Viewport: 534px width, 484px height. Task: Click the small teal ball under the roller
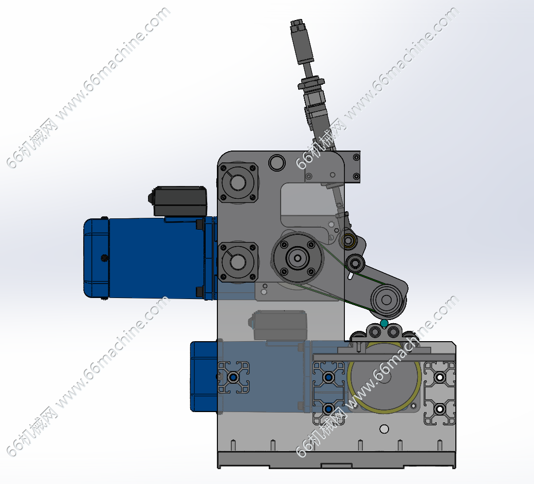384,323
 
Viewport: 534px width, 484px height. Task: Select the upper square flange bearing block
238,182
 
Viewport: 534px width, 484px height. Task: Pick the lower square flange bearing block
238,262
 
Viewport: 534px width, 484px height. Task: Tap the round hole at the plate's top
277,163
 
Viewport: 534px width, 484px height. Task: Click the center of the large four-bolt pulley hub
298,258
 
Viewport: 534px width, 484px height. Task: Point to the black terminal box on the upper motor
178,201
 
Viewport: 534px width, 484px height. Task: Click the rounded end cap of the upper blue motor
97,257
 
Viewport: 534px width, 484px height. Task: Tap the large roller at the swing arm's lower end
386,300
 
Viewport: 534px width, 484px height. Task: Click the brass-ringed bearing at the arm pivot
348,241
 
